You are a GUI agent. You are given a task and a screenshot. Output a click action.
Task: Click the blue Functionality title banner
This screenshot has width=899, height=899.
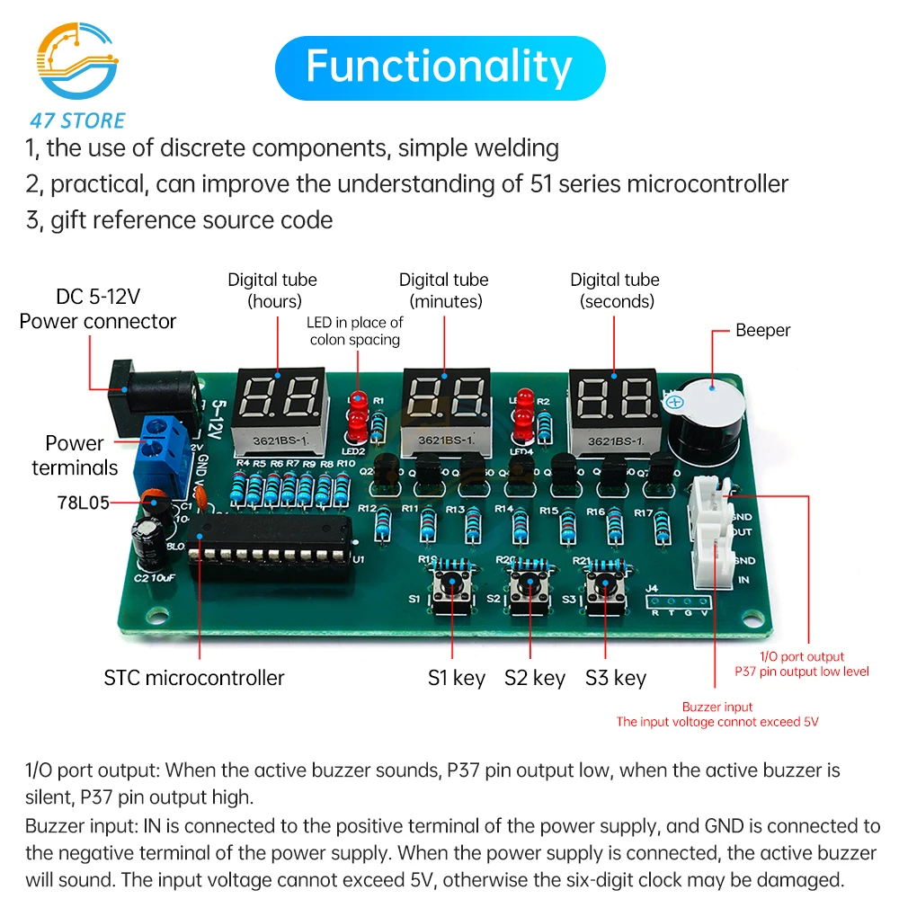pyautogui.click(x=440, y=67)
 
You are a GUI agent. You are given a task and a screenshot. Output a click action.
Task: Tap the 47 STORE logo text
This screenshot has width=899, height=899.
pyautogui.click(x=76, y=120)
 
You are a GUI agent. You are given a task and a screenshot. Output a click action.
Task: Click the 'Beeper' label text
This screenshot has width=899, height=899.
pyautogui.click(x=762, y=330)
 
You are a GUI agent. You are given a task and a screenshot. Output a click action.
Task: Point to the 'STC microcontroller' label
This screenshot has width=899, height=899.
pyautogui.click(x=193, y=678)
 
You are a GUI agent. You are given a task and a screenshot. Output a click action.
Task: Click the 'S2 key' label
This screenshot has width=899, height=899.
pyautogui.click(x=535, y=678)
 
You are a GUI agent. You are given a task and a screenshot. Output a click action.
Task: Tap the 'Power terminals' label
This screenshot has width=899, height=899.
pyautogui.click(x=75, y=455)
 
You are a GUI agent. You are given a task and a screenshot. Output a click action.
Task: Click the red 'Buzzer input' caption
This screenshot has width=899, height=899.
pyautogui.click(x=717, y=707)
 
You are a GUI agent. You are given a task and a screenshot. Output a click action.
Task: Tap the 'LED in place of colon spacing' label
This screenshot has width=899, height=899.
pyautogui.click(x=355, y=330)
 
